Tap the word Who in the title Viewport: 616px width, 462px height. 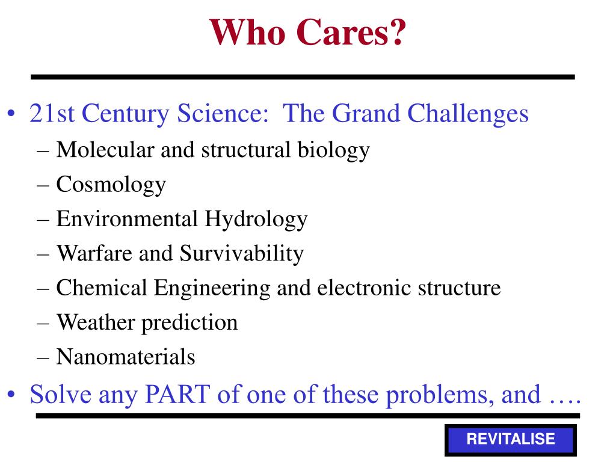[247, 32]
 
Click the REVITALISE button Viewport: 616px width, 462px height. [510, 440]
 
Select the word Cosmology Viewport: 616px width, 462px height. [111, 185]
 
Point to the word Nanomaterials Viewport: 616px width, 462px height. [126, 357]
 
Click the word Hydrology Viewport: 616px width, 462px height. [256, 220]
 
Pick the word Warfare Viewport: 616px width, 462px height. [94, 253]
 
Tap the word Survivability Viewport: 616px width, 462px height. [242, 254]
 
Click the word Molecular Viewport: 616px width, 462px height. [105, 150]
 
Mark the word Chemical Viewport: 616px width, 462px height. [102, 288]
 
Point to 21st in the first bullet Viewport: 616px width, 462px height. [52, 114]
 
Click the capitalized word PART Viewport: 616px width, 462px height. [177, 394]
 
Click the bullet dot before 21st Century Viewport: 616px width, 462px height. [11, 114]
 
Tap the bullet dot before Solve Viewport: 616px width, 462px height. [11, 394]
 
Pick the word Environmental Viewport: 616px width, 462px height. [127, 219]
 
